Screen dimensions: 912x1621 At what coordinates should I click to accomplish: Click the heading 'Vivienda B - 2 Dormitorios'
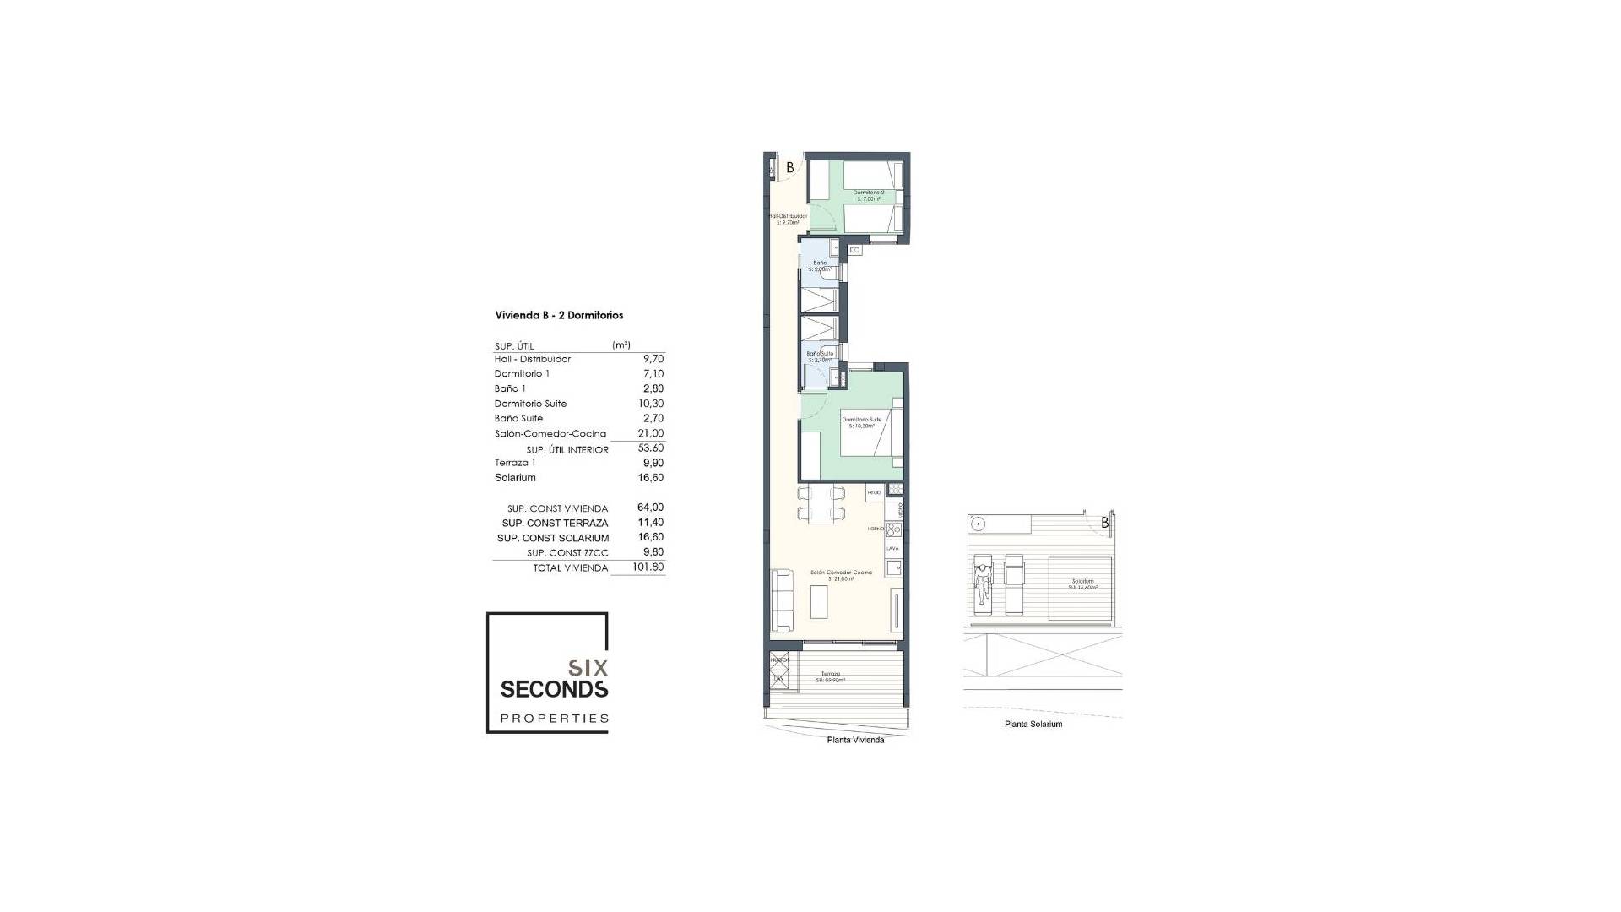coord(559,316)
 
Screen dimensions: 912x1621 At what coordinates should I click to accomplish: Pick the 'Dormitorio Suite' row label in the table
coord(530,404)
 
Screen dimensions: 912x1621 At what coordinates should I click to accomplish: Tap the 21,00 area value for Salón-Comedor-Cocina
coord(650,433)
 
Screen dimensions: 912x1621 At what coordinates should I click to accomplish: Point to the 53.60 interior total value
coord(650,448)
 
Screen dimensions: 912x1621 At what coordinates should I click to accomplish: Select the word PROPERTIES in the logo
coord(554,719)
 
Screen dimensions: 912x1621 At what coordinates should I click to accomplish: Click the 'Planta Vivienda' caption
coord(855,741)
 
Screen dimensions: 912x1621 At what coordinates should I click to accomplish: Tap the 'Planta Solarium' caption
coord(1033,725)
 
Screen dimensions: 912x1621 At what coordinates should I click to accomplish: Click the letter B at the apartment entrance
coord(790,167)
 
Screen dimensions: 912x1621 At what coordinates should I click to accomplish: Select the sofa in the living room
coord(191,600)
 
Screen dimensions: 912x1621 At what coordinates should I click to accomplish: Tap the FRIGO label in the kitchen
coord(874,491)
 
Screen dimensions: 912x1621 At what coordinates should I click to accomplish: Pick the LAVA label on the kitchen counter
coord(892,548)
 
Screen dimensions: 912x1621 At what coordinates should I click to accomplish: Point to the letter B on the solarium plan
coord(1105,524)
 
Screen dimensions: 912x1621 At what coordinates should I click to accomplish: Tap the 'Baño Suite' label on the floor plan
coord(820,354)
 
